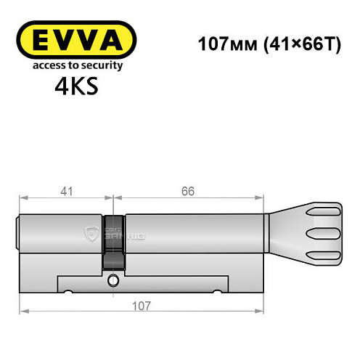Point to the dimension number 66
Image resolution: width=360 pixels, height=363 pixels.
tap(187, 191)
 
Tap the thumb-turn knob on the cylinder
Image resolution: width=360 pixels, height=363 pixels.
tap(319, 233)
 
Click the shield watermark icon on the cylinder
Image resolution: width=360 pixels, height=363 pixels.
tap(91, 232)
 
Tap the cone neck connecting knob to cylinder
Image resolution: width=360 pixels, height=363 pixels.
tap(277, 233)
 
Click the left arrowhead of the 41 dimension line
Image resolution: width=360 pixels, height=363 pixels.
tap(22, 197)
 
